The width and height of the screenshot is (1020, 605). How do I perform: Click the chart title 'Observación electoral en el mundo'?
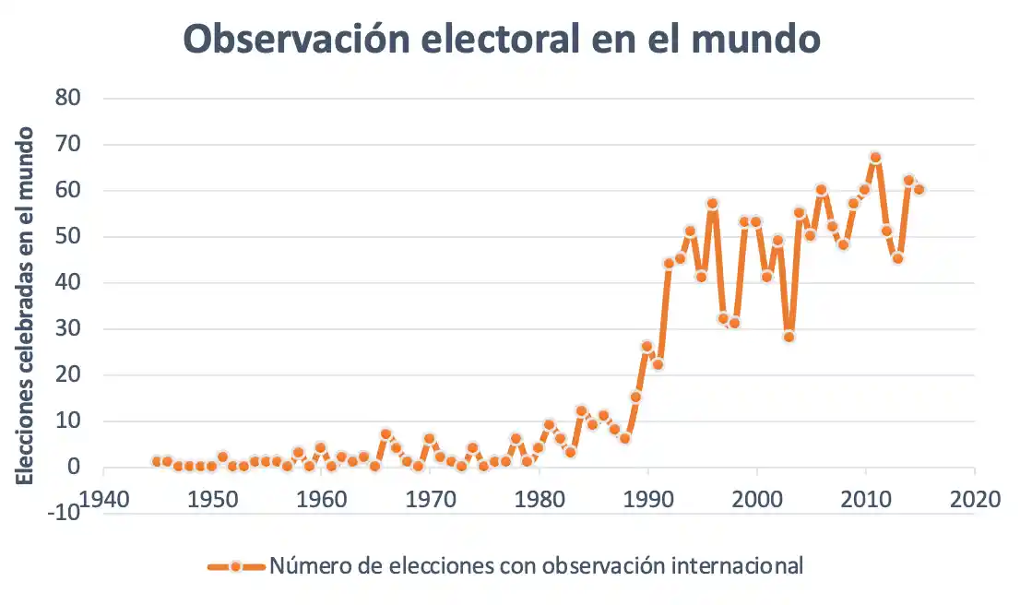(x=502, y=40)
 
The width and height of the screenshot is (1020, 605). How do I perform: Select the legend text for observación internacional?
(x=536, y=565)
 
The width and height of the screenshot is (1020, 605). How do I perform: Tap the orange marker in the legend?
(x=236, y=565)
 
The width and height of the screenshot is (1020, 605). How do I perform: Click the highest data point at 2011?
(x=875, y=158)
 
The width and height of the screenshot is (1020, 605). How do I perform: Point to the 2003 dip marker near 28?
(x=789, y=337)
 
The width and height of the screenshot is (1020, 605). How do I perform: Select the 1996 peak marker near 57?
(x=713, y=204)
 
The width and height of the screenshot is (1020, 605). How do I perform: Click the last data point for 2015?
(x=919, y=189)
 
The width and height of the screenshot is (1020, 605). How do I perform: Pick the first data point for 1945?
(x=157, y=461)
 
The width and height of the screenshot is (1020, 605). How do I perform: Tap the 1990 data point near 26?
(x=647, y=347)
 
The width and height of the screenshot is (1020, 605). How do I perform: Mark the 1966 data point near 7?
(x=386, y=433)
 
